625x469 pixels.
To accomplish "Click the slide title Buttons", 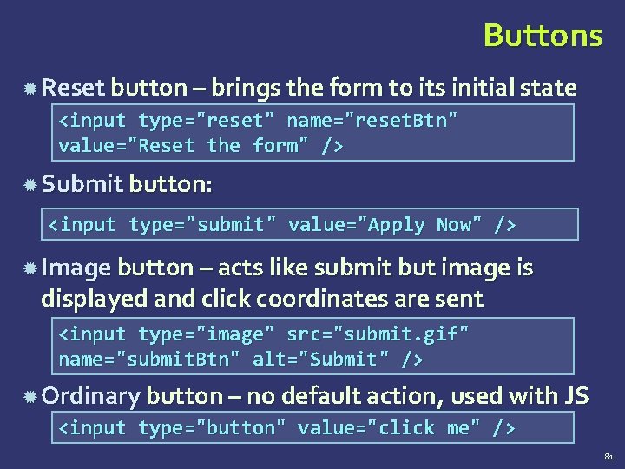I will [x=543, y=36].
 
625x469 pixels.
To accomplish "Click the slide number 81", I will [x=607, y=454].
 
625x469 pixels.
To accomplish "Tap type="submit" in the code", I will [x=202, y=226].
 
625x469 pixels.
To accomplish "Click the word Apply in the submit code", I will [x=397, y=226].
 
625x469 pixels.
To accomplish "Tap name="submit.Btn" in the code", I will [x=151, y=360].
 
